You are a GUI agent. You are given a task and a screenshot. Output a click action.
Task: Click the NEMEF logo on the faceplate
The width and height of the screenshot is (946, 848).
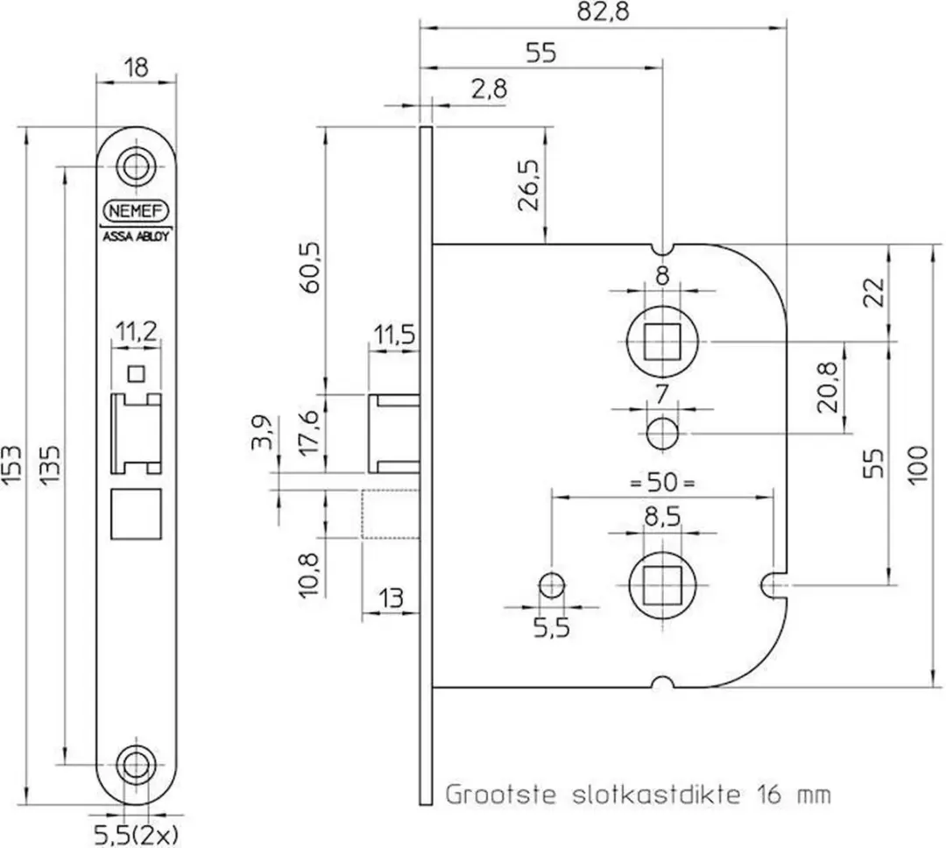click(137, 211)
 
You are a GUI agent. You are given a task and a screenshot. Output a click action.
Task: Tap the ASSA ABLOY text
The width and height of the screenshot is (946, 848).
click(136, 237)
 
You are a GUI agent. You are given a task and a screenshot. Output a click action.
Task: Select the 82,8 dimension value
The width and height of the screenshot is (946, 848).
click(604, 12)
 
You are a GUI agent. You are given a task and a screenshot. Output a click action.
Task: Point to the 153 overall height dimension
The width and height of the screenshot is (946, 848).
click(12, 465)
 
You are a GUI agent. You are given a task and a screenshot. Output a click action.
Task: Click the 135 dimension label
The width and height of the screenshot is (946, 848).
click(51, 465)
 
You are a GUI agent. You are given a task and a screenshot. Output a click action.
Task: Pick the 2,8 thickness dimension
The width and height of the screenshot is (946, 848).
click(490, 89)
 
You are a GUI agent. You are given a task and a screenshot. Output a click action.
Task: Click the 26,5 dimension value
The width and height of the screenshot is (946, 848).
click(529, 186)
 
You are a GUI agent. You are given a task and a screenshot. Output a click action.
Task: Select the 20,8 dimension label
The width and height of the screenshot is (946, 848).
click(828, 387)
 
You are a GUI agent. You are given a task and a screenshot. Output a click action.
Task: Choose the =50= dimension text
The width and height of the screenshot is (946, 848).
click(662, 483)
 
